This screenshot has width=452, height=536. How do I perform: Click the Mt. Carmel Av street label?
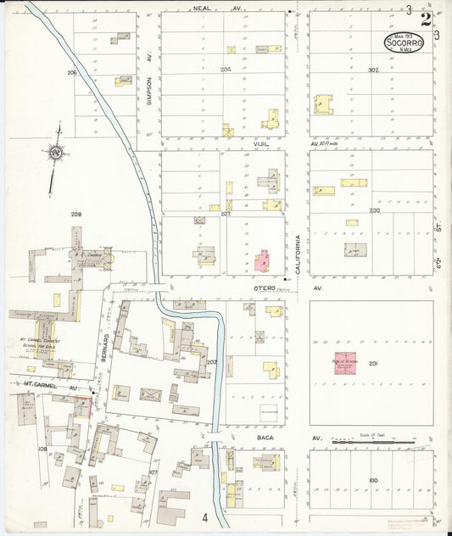click(x=49, y=387)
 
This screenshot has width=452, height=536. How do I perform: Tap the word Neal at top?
click(x=202, y=8)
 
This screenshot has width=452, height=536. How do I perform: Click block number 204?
click(x=225, y=70)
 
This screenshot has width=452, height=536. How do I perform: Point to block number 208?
click(x=75, y=213)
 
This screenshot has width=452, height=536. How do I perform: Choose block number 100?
click(x=373, y=481)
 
